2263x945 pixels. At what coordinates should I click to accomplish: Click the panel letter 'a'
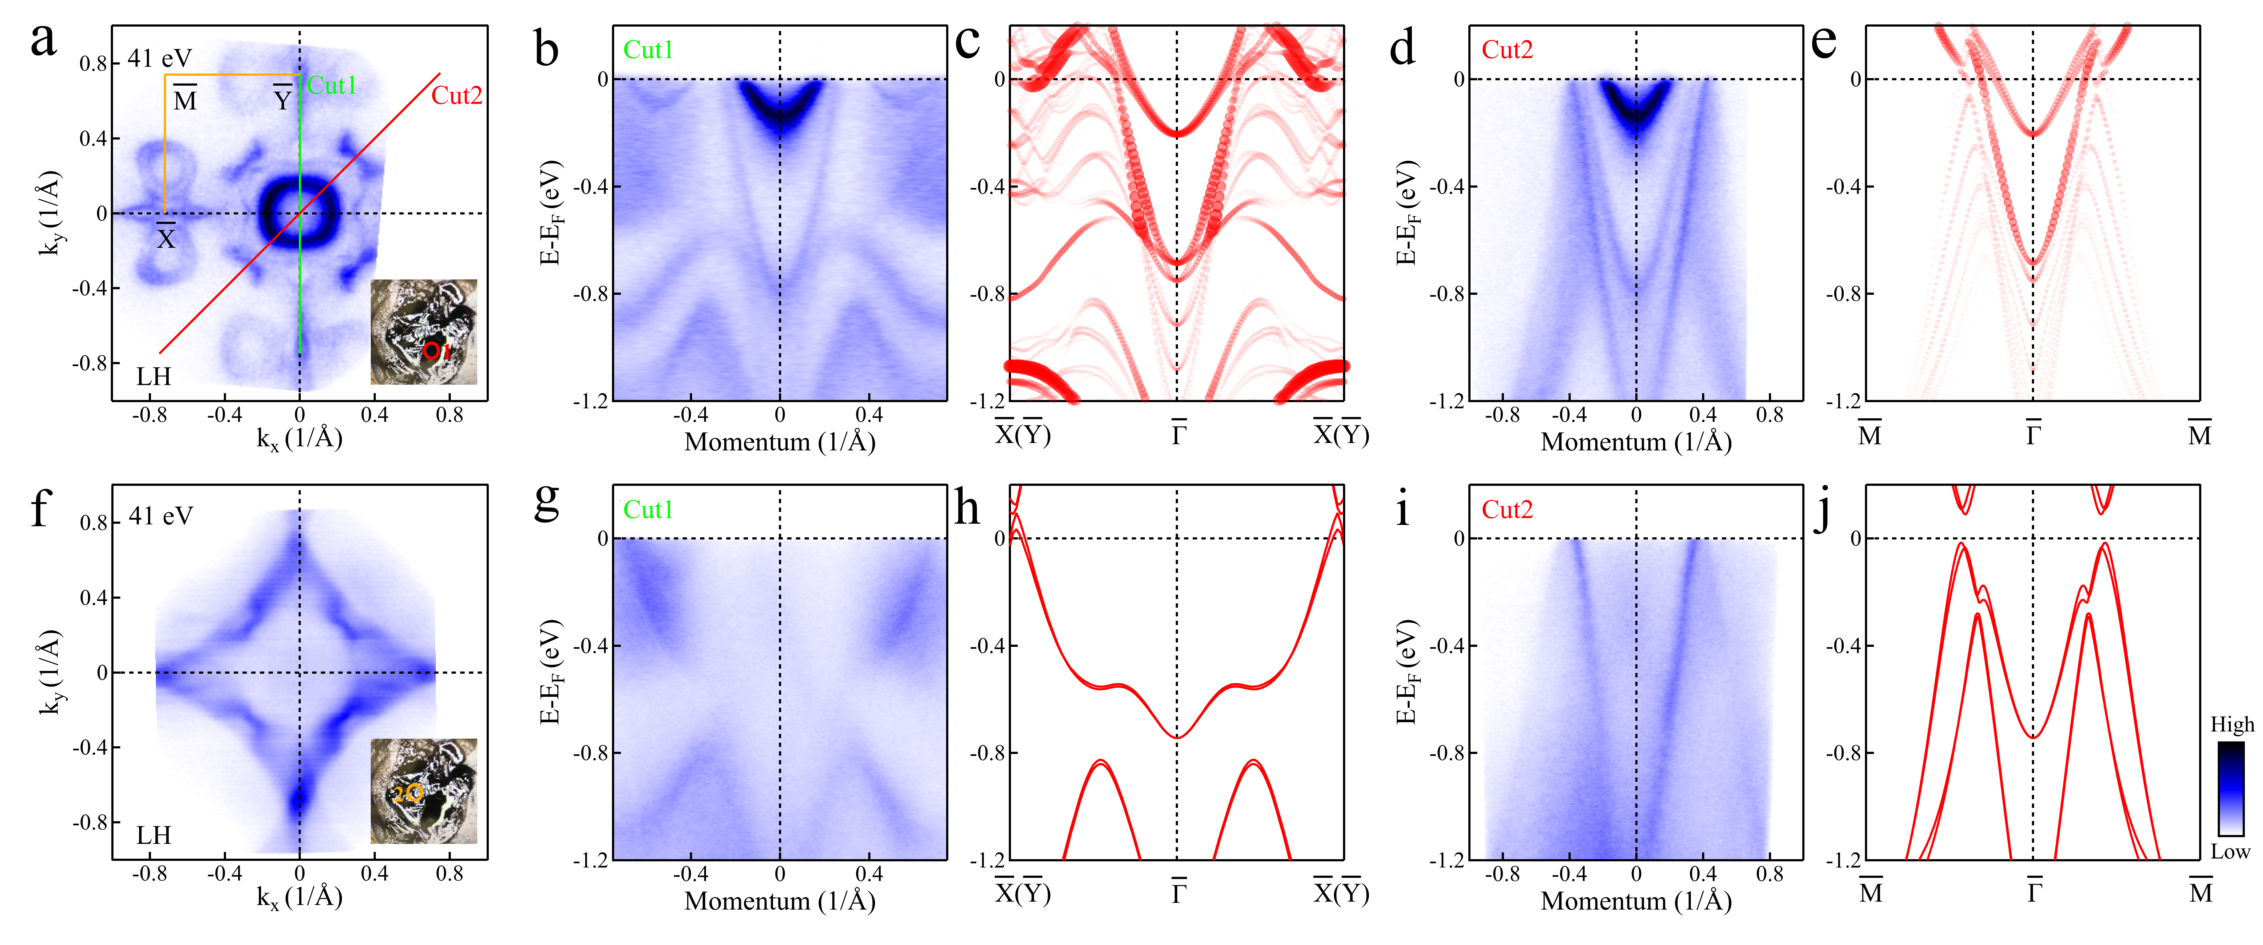[43, 41]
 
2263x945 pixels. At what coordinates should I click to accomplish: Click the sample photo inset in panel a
[423, 332]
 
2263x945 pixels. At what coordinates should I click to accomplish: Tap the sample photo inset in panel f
[423, 791]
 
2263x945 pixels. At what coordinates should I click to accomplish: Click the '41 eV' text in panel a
[160, 58]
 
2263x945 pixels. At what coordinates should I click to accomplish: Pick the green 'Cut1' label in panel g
[648, 509]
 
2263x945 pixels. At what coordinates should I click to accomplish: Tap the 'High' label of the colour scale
[2231, 724]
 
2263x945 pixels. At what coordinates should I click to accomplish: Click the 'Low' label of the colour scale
[2231, 852]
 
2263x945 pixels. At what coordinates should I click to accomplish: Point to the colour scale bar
[2231, 788]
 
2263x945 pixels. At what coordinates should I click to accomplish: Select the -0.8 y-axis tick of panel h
[988, 753]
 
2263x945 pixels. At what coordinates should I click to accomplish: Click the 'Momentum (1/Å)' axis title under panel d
[1636, 442]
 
